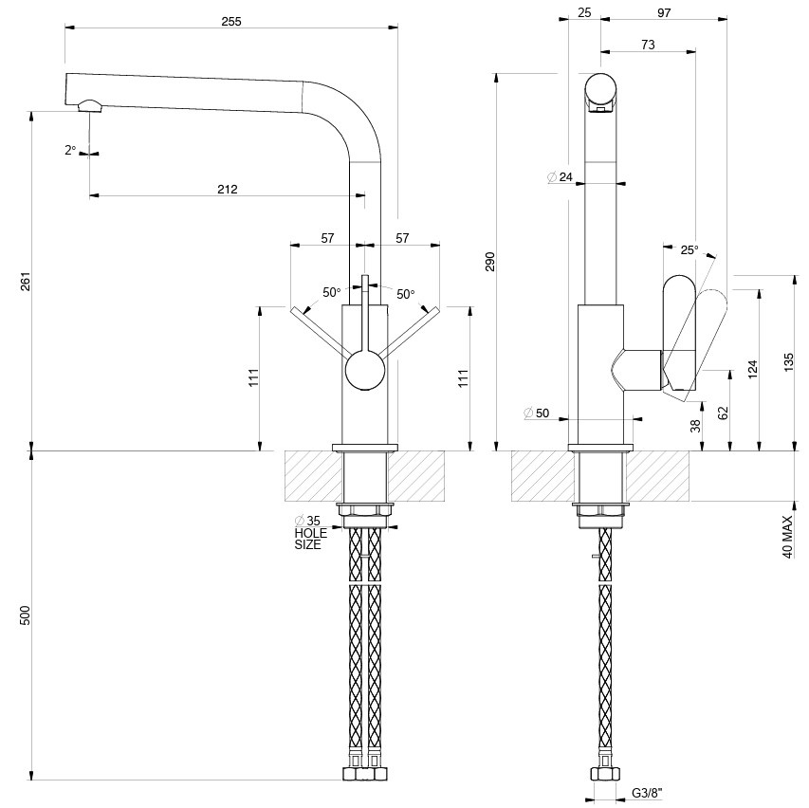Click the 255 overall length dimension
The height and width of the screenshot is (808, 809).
tap(230, 22)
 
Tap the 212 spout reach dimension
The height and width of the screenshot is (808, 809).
tap(227, 189)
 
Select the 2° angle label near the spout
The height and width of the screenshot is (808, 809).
tap(70, 150)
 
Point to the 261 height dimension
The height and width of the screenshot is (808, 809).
tap(26, 282)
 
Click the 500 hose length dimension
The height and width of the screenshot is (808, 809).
tap(26, 615)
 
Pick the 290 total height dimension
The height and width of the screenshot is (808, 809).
tap(490, 262)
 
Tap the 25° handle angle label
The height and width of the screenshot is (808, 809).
tap(689, 250)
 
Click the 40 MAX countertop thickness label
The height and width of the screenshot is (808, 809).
tap(787, 537)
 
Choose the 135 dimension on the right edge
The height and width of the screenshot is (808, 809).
tap(789, 362)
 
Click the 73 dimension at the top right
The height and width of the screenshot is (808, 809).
tap(648, 45)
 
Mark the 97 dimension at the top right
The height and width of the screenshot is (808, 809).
tap(663, 13)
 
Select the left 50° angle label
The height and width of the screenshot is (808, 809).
tap(331, 293)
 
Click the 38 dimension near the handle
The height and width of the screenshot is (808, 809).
tap(696, 426)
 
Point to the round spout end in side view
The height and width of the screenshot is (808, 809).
tap(601, 89)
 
